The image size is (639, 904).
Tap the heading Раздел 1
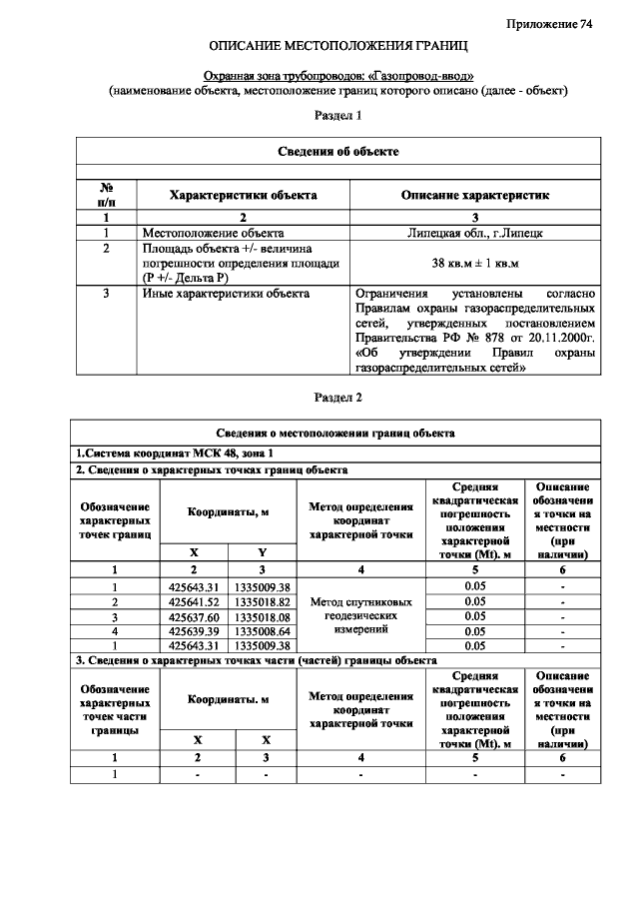tap(337, 116)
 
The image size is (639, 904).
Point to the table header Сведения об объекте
tap(337, 151)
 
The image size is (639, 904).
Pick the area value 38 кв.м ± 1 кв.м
tap(474, 263)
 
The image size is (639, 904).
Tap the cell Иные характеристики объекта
tap(226, 294)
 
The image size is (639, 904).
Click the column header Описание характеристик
tap(474, 195)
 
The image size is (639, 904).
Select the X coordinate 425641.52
tap(194, 602)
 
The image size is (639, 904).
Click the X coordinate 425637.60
tap(194, 616)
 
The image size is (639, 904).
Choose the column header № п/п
tap(105, 195)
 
